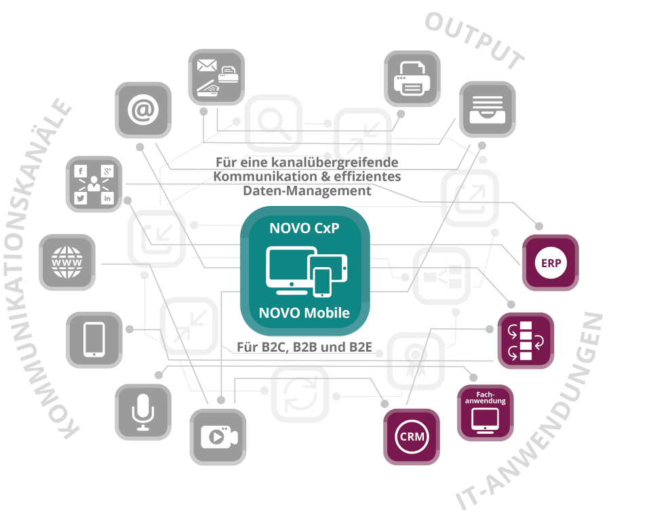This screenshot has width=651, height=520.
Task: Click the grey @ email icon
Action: (x=142, y=110)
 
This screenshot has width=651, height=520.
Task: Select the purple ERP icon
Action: (x=550, y=262)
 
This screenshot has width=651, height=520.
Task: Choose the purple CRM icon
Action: (x=412, y=437)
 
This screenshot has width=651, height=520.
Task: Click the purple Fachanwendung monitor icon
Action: (x=485, y=412)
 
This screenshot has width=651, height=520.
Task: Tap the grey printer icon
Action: (x=412, y=79)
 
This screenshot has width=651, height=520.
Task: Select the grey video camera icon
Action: (x=218, y=437)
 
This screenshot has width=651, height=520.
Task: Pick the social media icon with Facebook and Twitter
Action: (x=94, y=184)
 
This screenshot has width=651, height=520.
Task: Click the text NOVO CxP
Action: (x=304, y=228)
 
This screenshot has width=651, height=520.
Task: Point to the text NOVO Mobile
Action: (x=304, y=313)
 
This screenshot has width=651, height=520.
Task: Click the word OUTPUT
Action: (x=475, y=41)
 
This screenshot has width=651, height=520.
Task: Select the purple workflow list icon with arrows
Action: (x=526, y=340)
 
